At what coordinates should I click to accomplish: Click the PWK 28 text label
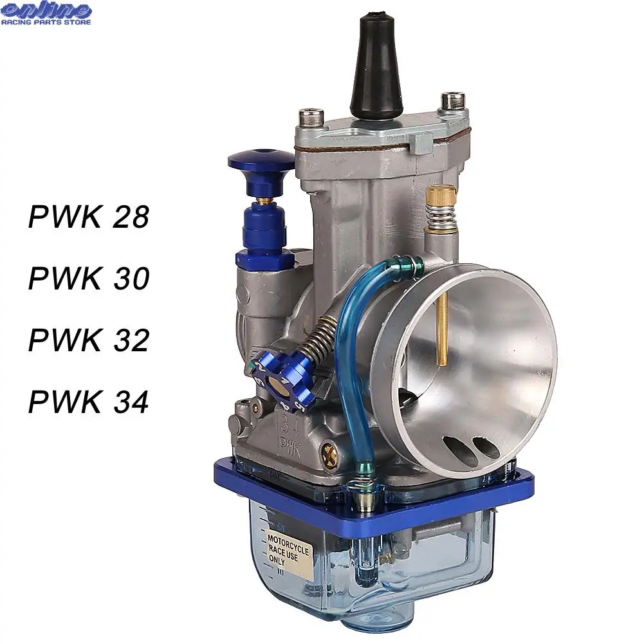click(x=89, y=216)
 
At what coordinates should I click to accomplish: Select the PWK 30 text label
click(x=89, y=278)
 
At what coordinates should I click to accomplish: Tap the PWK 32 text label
click(x=89, y=340)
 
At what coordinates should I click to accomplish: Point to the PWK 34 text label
click(x=89, y=401)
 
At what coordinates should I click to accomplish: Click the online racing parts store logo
click(x=46, y=14)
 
